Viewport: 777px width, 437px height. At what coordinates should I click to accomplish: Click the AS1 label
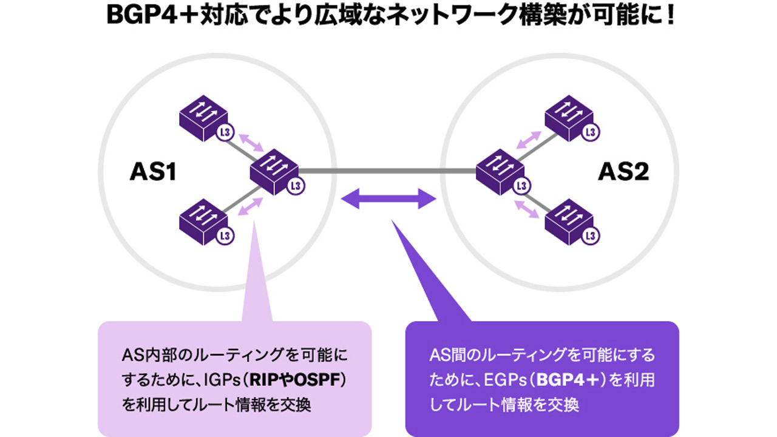pos(153,172)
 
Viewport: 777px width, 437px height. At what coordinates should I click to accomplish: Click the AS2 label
pos(623,172)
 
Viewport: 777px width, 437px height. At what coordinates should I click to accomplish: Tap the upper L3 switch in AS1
pos(206,118)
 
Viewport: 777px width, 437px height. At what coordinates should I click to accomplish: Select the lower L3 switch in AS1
pos(206,222)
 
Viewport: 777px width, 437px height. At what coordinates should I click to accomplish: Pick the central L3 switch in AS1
pos(276,172)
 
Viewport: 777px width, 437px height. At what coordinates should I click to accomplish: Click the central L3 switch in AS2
pos(503,172)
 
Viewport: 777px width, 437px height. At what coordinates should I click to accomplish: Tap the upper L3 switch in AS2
pos(572,118)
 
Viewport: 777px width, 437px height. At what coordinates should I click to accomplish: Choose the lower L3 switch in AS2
pos(572,222)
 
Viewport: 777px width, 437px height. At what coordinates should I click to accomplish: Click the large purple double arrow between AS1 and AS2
pos(388,198)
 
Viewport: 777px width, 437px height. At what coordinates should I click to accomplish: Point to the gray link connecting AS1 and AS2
pos(387,171)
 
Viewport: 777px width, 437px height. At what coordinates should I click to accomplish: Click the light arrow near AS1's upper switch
pos(251,143)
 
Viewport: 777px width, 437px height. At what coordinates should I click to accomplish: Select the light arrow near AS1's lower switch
pos(250,207)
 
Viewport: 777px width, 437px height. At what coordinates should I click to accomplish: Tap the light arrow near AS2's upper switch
pos(529,140)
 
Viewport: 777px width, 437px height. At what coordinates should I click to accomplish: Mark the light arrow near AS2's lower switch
pos(526,209)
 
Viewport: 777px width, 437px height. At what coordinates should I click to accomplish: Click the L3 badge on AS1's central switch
pos(296,186)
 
